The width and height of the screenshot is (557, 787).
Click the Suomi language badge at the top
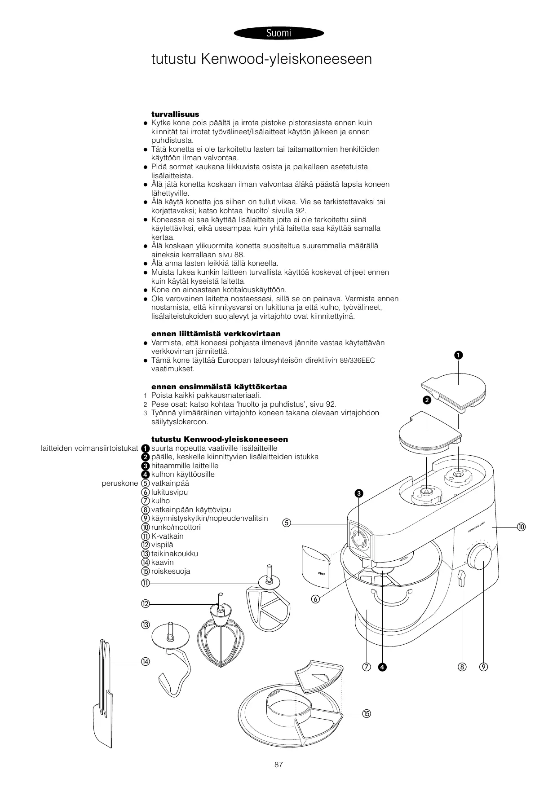coord(278,33)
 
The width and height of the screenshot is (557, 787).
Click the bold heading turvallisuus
coord(175,114)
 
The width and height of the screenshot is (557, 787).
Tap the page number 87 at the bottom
coord(278,765)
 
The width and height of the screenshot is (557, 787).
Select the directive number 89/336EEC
coord(357,361)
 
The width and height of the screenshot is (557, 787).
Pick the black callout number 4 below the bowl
coord(382,667)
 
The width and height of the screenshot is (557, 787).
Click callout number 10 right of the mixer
coord(521,526)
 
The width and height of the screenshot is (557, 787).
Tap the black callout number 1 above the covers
coord(458,355)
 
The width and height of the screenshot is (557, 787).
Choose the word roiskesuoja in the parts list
coord(171,572)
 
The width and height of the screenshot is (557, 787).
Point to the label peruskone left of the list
coord(119,484)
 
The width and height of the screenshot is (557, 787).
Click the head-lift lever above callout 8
coord(461,578)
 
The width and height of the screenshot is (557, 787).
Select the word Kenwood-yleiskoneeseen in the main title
coord(287,59)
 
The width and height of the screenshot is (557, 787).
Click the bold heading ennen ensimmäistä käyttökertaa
coord(219,387)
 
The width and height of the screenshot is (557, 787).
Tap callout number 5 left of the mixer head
coord(287,523)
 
